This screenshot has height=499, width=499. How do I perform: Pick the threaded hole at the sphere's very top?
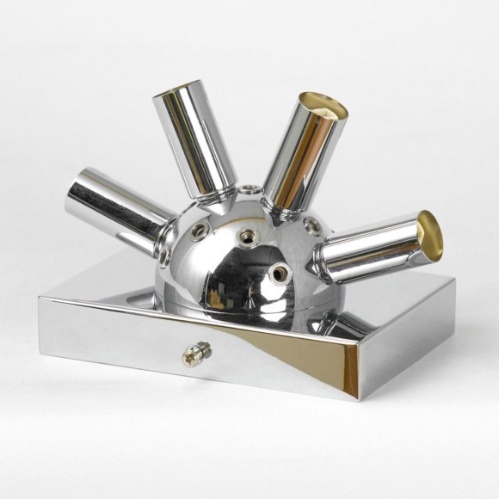click(x=249, y=187)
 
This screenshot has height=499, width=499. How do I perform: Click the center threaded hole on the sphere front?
click(x=251, y=236)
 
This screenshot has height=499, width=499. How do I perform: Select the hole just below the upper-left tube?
click(x=199, y=231)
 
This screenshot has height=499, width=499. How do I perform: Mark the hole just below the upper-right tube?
click(x=311, y=225)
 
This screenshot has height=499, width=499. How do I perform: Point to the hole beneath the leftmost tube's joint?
click(x=163, y=256)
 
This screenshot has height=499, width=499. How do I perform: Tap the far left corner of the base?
click(x=40, y=299)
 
